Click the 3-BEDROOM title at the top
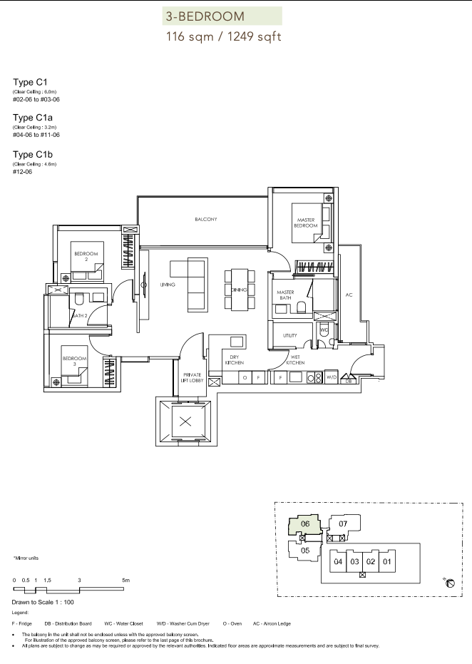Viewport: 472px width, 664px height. click(205, 16)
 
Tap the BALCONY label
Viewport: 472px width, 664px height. click(206, 220)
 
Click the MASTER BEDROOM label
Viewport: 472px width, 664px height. click(306, 223)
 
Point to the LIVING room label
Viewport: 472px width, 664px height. click(168, 285)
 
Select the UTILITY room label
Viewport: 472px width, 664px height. click(290, 335)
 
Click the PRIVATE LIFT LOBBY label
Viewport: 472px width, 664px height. click(193, 378)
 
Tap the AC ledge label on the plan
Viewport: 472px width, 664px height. click(349, 295)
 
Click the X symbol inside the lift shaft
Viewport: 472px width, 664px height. click(185, 422)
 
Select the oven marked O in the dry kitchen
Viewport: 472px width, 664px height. click(245, 377)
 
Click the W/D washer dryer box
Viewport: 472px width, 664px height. click(332, 377)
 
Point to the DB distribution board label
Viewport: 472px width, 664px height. click(349, 381)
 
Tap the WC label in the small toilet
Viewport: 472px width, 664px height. click(324, 330)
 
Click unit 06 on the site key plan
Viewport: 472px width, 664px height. click(305, 523)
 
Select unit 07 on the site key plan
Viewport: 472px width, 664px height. click(343, 523)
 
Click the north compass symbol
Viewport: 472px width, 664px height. click(450, 583)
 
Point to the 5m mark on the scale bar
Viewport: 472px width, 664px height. click(125, 580)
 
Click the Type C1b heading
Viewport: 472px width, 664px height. click(33, 155)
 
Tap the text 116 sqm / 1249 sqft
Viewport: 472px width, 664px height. click(223, 37)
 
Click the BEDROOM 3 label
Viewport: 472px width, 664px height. click(74, 361)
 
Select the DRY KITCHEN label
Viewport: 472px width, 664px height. click(235, 360)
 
